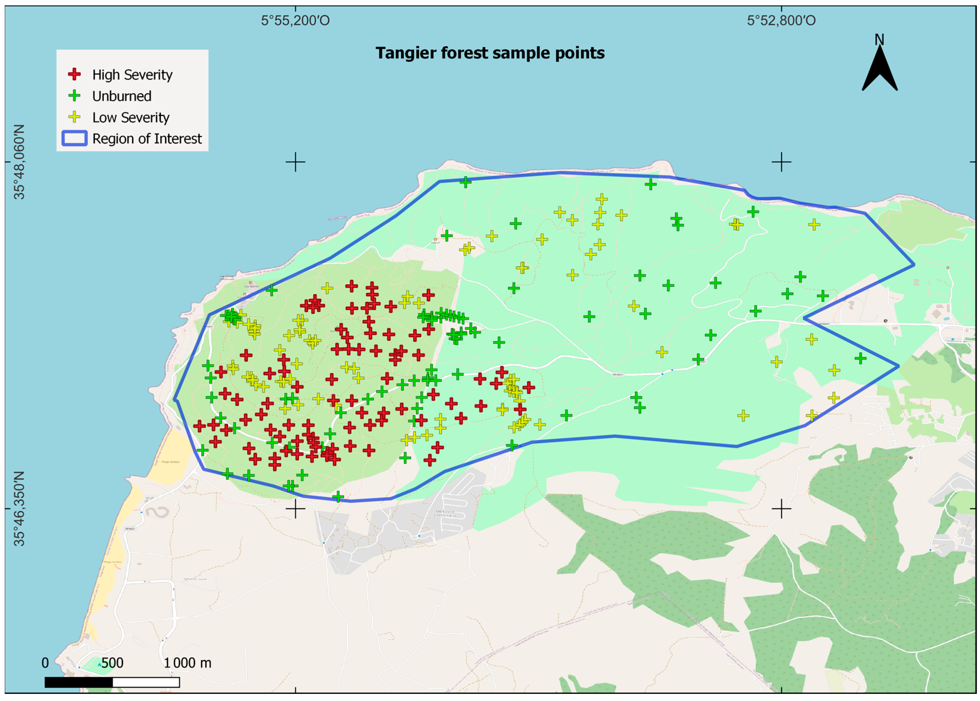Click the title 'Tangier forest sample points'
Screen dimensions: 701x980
(490, 53)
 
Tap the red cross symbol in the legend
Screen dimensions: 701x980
(75, 74)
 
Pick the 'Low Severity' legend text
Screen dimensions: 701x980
(131, 117)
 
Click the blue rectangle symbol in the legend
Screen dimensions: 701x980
(75, 138)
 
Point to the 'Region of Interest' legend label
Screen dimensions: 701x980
(147, 138)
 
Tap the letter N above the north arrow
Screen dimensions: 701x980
(879, 40)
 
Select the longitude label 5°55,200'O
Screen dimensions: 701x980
(295, 20)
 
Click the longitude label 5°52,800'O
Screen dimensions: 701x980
(781, 20)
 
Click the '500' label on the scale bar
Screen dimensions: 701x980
(112, 663)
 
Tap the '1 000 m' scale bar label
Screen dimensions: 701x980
(188, 663)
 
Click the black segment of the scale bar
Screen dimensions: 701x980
(79, 682)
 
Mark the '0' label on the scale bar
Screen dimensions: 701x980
(45, 663)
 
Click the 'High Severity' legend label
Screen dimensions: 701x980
(132, 75)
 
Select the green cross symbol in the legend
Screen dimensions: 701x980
(75, 96)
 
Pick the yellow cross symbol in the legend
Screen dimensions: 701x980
(75, 117)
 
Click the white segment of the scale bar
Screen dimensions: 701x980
(146, 682)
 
